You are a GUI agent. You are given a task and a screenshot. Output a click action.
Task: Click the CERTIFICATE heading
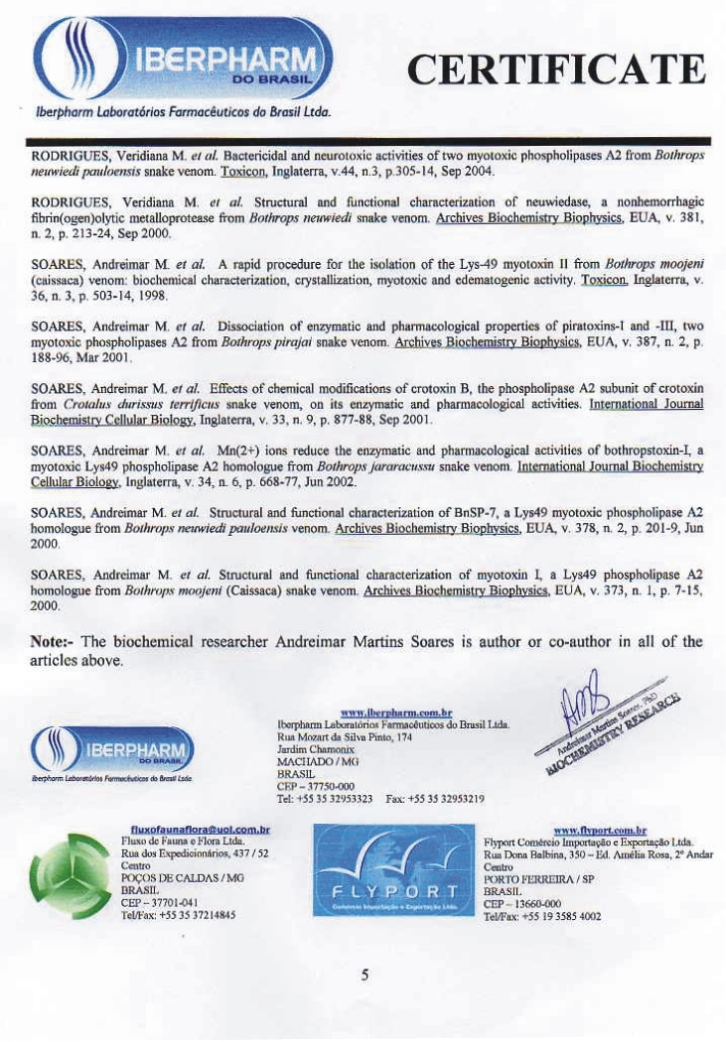coord(556,70)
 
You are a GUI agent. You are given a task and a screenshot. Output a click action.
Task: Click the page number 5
coord(364,976)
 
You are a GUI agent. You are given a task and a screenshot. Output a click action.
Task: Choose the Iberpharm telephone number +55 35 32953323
coord(337,798)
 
